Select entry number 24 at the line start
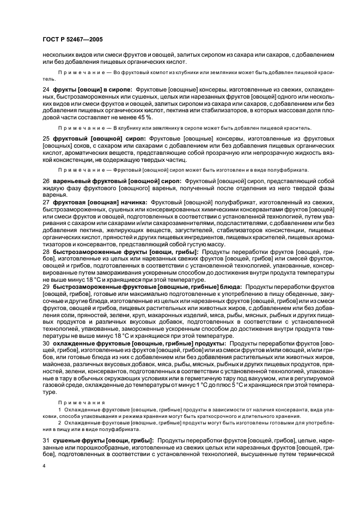(46, 88)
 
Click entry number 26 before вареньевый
(46, 180)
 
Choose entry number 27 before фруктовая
(46, 202)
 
